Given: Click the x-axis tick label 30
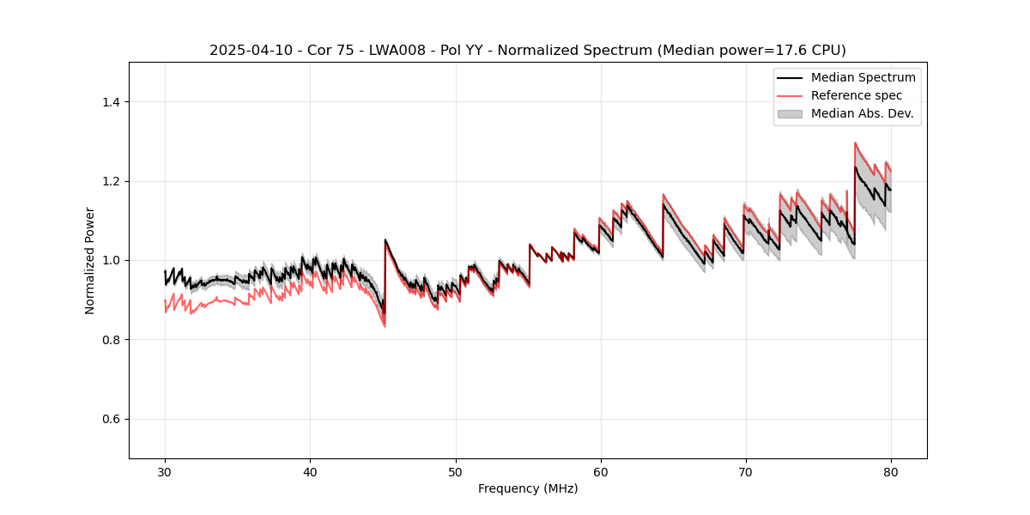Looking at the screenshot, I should pos(165,472).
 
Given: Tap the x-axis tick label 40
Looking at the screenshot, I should pos(310,472).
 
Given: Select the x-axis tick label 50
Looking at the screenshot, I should pos(455,472).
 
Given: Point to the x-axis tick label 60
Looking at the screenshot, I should pos(600,472).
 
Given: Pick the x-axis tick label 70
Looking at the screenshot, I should pos(745,472).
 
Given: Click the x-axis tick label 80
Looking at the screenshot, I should pos(890,472).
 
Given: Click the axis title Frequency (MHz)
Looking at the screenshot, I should pos(528,488).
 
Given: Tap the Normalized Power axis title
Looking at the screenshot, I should pos(90,260).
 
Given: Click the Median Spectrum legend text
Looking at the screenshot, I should pos(863,77).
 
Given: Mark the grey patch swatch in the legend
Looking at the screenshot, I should pos(790,113).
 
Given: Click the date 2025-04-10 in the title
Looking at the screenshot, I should pos(245,51).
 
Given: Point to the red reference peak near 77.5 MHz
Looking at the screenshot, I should pos(855,143).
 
